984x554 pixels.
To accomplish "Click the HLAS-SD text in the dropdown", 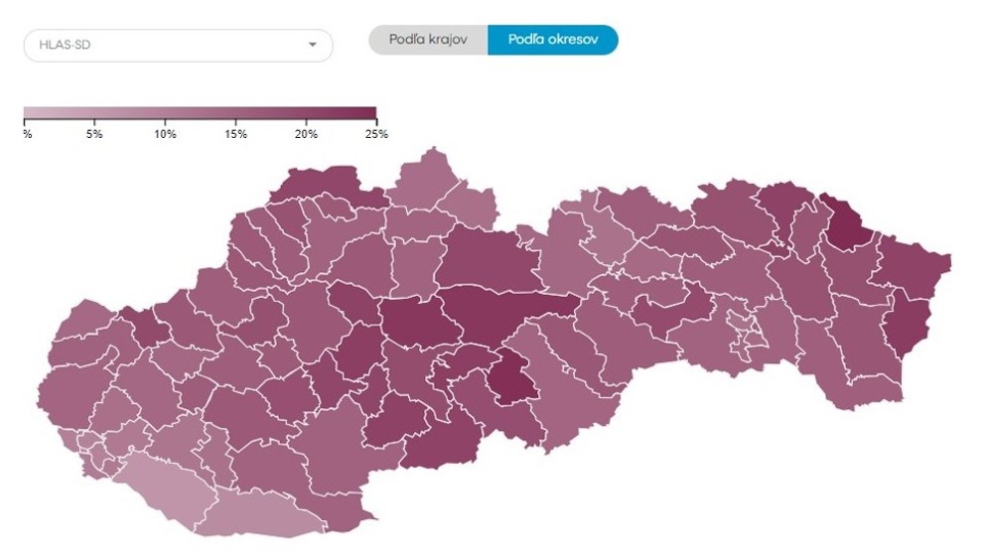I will pyautogui.click(x=66, y=45).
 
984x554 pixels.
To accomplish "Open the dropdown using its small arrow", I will pyautogui.click(x=312, y=45).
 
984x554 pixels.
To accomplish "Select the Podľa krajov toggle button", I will pyautogui.click(x=428, y=40).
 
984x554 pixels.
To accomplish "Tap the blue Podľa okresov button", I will pyautogui.click(x=552, y=40).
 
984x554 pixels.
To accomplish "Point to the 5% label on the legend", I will pyautogui.click(x=94, y=134).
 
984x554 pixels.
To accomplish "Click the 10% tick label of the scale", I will pyautogui.click(x=165, y=134).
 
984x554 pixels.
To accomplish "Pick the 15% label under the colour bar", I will pyautogui.click(x=235, y=134).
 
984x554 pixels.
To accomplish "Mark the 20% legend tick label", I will pyautogui.click(x=306, y=134).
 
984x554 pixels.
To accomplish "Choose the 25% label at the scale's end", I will pyautogui.click(x=376, y=134).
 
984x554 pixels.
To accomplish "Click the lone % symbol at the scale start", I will pyautogui.click(x=27, y=134).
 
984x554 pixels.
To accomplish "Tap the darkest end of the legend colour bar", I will pyautogui.click(x=369, y=112).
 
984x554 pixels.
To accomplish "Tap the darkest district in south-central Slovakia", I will pyautogui.click(x=514, y=378).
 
